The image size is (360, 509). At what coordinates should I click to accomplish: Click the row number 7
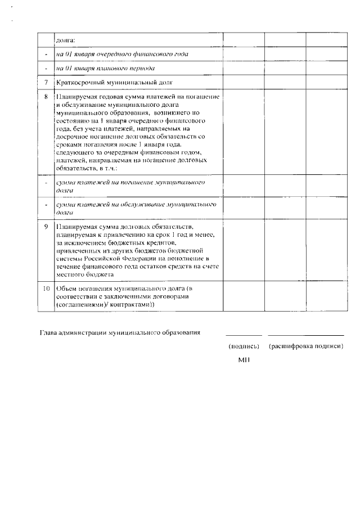coord(46,83)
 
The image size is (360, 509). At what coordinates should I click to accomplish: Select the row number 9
coord(46,227)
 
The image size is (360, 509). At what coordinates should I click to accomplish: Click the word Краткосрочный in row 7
coord(77,83)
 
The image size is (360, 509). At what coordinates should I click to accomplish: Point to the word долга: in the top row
coord(66,40)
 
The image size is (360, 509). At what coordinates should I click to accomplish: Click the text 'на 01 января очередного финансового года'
coord(121,55)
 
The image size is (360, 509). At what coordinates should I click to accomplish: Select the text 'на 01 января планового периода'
coord(105,69)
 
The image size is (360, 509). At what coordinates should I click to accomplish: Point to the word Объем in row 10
coord(66,288)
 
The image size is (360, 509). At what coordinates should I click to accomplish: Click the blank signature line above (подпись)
coord(244,335)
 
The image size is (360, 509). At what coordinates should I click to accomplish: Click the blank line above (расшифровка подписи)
coord(306,335)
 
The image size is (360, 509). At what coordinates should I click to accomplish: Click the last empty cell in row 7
coord(325,83)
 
